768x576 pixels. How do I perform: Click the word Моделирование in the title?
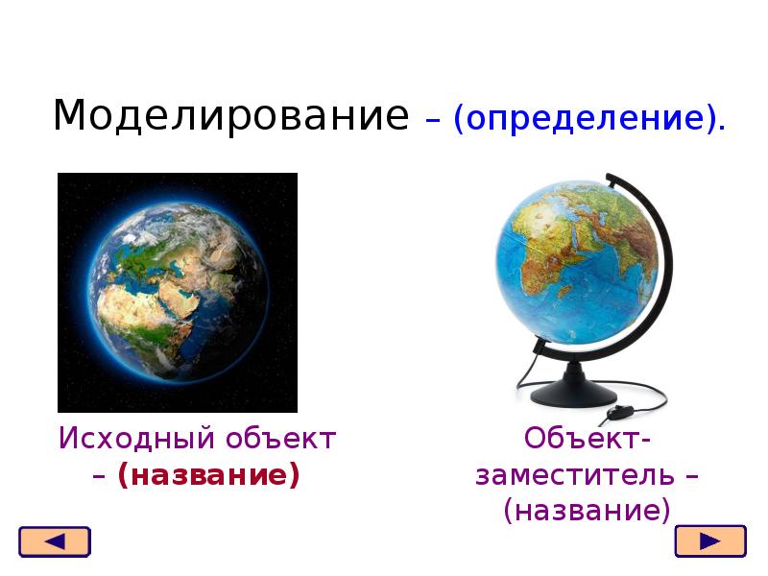point(230,116)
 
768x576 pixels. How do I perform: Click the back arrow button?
point(55,541)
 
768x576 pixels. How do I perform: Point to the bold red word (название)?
point(209,475)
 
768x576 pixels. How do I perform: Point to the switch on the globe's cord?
point(616,416)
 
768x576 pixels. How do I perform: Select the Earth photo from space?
point(178,292)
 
